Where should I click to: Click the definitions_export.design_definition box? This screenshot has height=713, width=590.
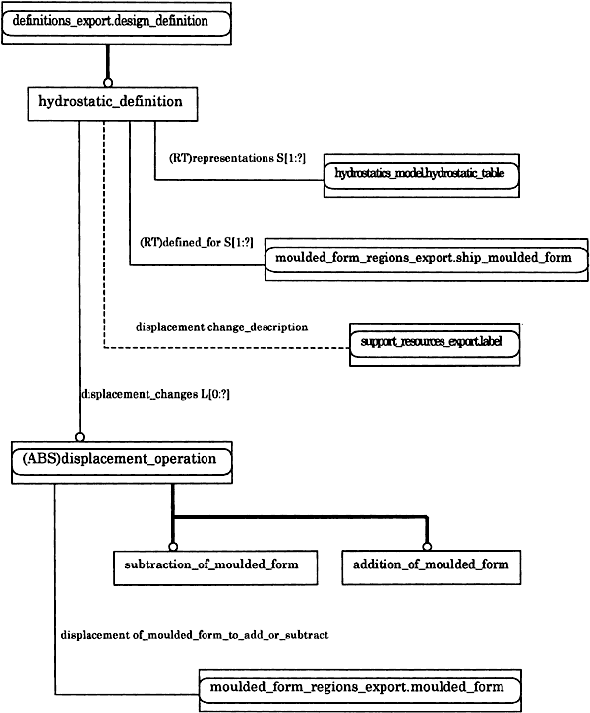[x=116, y=24]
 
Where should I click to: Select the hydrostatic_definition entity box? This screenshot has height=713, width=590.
[x=112, y=103]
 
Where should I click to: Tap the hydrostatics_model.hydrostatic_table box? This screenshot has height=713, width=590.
[x=422, y=175]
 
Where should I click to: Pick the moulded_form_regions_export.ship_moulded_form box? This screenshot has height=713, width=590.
[x=427, y=260]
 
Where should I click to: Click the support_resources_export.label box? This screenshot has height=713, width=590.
[x=435, y=344]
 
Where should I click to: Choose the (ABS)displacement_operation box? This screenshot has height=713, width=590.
[x=122, y=462]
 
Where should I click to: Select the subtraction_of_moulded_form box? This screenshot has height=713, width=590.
[x=215, y=567]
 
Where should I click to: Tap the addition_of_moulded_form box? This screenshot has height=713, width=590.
[x=432, y=567]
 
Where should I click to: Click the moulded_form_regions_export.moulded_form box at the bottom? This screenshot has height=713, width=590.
[x=360, y=690]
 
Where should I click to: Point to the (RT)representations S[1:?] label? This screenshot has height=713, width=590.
[x=237, y=158]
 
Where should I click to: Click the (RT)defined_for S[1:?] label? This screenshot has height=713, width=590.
[x=197, y=242]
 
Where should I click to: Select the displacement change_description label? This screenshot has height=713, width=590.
[x=222, y=327]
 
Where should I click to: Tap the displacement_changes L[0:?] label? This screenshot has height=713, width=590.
[x=155, y=394]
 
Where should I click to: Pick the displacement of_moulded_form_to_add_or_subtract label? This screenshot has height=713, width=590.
[x=195, y=635]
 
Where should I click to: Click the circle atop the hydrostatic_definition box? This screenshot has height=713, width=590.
[x=108, y=83]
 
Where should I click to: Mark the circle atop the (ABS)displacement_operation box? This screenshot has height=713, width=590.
[x=80, y=437]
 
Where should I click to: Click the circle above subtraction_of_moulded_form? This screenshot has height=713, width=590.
[x=173, y=546]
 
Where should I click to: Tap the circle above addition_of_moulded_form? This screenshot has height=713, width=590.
[x=427, y=546]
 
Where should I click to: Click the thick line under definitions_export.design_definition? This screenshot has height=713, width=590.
[x=108, y=61]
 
